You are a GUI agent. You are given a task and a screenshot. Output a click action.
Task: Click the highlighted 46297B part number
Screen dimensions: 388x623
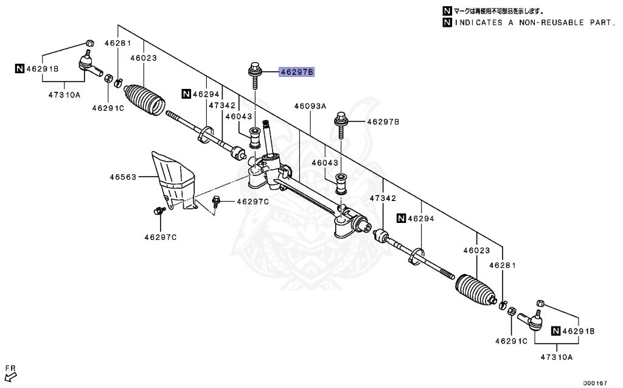coord(296,72)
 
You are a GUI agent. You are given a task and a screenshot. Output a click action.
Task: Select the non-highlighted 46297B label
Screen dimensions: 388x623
coord(383,122)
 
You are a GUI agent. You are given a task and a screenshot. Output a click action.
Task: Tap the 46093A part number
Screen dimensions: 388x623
coord(310,106)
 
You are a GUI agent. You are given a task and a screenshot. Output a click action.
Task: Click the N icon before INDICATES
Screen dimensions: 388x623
coord(448,23)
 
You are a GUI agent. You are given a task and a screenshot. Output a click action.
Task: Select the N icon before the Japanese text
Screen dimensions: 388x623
coord(448,11)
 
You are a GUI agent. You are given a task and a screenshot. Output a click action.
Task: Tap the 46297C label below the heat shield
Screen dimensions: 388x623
coord(161,236)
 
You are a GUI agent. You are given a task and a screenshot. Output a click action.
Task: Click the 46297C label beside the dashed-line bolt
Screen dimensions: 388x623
coord(252,202)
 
